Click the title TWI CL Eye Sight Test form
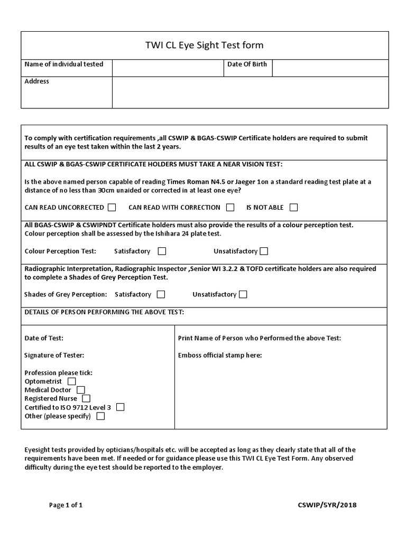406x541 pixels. pos(204,45)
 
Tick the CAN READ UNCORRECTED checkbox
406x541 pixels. pos(112,207)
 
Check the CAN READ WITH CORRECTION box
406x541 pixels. pos(230,207)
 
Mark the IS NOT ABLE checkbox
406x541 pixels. pos(294,207)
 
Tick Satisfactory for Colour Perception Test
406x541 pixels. pos(162,251)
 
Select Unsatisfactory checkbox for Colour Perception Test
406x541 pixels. pos(264,251)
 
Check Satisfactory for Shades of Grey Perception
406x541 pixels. pos(161,294)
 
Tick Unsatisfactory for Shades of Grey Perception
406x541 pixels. pos(243,294)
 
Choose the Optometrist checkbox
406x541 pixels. pos(72,381)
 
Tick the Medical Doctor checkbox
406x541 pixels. pos(81,390)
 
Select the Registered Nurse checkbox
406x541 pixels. pos(86,398)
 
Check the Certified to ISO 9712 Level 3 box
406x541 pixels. pos(121,407)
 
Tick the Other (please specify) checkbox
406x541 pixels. pos(100,416)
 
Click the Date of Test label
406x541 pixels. pos(44,338)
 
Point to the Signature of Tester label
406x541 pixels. pos(54,356)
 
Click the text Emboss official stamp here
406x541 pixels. pos(220,356)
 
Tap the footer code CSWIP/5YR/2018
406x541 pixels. pos(327,505)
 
